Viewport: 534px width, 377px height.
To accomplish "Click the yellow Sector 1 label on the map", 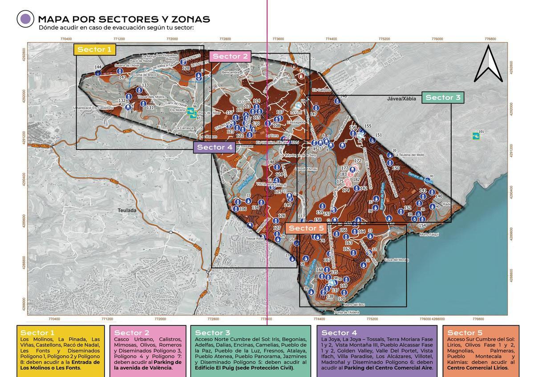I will (x=94, y=49).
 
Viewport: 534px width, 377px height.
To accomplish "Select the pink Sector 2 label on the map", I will (x=230, y=56).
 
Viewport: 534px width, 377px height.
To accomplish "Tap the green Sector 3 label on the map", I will (x=443, y=97).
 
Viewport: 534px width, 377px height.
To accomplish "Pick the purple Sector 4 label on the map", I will (x=214, y=147).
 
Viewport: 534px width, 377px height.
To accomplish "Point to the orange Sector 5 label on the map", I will (x=306, y=228).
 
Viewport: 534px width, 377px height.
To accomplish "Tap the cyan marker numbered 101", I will (x=476, y=135).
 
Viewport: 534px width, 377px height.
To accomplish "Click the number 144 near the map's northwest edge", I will (x=98, y=67).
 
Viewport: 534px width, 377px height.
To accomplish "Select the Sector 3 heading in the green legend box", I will (x=212, y=333).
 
